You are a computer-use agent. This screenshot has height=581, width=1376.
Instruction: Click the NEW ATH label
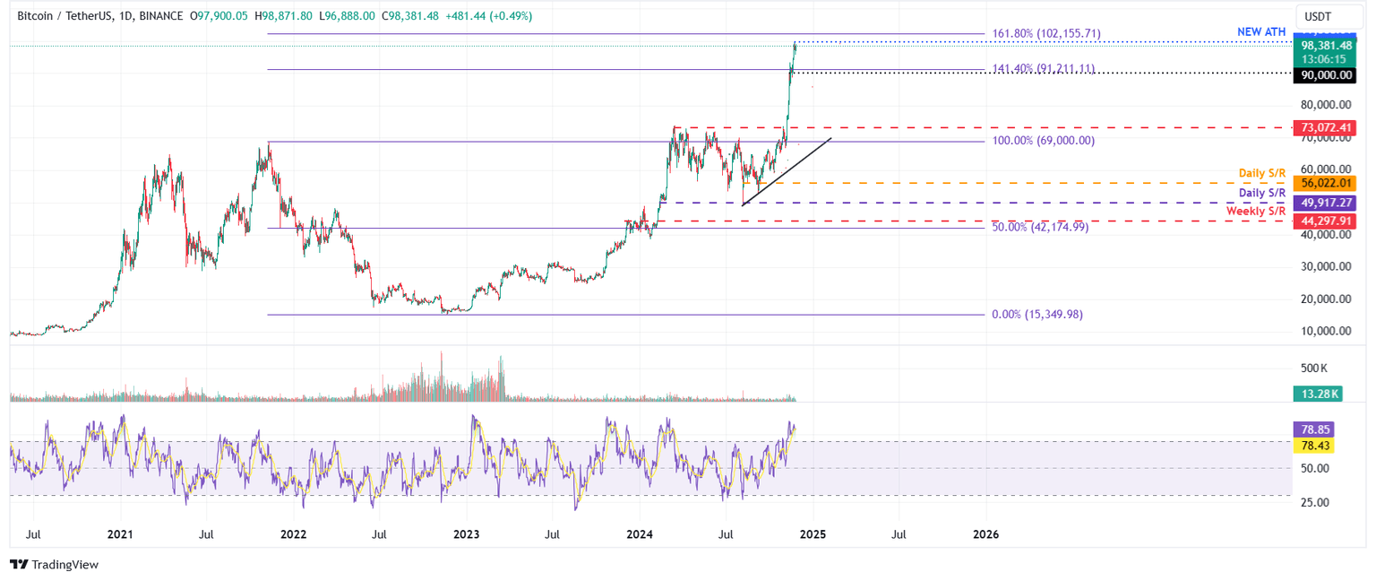pos(1261,32)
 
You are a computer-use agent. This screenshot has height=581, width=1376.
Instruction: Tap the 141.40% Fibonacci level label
pos(1043,68)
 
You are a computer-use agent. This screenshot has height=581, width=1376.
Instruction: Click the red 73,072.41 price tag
pos(1323,129)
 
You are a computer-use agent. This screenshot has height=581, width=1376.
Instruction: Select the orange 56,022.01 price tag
pos(1323,183)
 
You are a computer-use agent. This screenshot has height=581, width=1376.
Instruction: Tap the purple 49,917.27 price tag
pos(1323,203)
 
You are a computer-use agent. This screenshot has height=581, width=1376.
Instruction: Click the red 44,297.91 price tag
pos(1323,221)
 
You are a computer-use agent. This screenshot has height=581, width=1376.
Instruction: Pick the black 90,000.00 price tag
pos(1323,76)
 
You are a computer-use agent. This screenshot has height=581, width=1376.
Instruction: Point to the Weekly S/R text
pos(1256,211)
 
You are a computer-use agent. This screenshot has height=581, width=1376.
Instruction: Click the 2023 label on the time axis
pos(466,534)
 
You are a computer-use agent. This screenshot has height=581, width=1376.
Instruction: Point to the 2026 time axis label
pos(985,534)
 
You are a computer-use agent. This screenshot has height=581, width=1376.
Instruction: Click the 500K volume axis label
pos(1315,369)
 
